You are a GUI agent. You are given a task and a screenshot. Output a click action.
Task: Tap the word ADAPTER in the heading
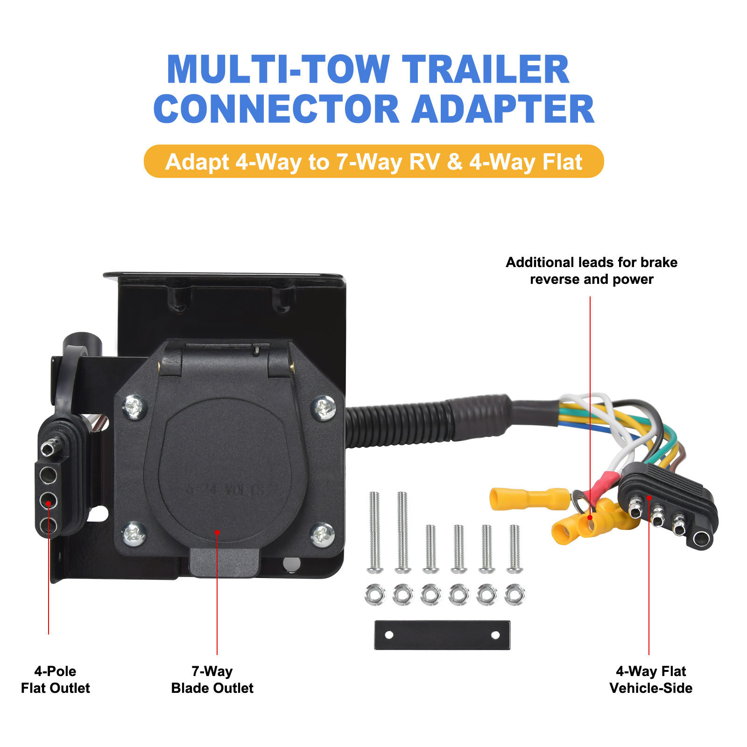tap(503, 109)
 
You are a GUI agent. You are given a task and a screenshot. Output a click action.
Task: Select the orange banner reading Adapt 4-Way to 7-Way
tap(373, 162)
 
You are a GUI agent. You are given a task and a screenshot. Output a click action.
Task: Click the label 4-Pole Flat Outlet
tap(55, 679)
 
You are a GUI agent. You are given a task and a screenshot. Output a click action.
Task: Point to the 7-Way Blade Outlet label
tap(212, 679)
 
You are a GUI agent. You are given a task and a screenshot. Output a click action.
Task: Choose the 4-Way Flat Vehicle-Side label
tap(651, 679)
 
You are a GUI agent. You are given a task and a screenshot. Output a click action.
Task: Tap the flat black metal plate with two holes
tap(442, 635)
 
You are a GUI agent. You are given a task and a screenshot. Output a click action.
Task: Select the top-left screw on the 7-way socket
tap(134, 407)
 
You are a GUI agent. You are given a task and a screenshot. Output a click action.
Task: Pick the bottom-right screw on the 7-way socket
tap(322, 535)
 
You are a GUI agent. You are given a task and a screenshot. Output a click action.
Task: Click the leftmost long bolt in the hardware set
tap(374, 532)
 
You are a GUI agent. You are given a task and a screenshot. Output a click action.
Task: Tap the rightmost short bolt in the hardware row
tap(514, 549)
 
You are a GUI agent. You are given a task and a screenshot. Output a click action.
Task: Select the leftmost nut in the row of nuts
tap(375, 595)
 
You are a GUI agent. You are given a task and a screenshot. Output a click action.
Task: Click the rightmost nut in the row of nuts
tap(515, 595)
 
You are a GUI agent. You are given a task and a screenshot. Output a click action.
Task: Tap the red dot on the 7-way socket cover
tap(217, 532)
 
